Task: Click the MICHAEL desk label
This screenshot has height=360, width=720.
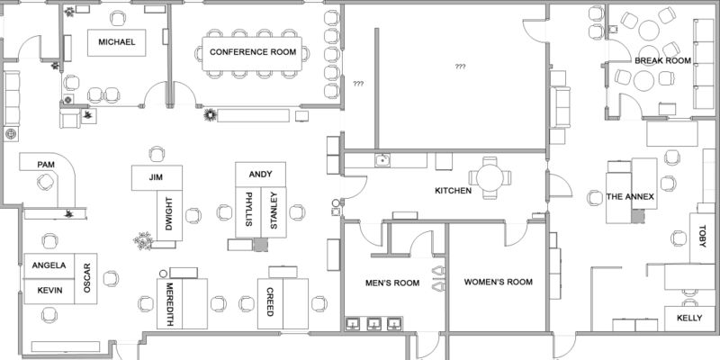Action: [117, 42]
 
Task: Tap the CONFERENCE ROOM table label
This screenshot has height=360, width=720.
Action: [253, 52]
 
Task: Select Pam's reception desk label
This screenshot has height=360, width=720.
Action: [46, 165]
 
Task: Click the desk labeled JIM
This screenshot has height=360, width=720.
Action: [157, 177]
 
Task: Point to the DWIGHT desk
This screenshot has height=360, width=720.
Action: [169, 215]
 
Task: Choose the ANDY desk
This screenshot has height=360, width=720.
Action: [260, 175]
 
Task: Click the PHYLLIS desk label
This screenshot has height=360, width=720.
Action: [248, 210]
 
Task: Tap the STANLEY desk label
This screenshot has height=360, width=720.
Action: [274, 211]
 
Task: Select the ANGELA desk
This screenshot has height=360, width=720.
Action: [49, 265]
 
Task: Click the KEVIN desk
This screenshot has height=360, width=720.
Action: [49, 291]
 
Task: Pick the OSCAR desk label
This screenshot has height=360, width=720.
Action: [87, 278]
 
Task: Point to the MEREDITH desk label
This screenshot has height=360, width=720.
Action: [169, 304]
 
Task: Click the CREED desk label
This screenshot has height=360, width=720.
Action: [270, 301]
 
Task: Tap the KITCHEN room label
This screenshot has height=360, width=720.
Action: [454, 191]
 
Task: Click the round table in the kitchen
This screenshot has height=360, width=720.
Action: [490, 177]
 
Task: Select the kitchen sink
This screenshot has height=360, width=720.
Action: [382, 160]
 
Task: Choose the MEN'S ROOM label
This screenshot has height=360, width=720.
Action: [392, 283]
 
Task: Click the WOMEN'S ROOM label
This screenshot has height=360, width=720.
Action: [499, 282]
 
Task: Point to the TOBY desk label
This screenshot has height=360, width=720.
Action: [702, 237]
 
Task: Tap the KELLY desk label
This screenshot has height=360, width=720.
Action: [689, 318]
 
